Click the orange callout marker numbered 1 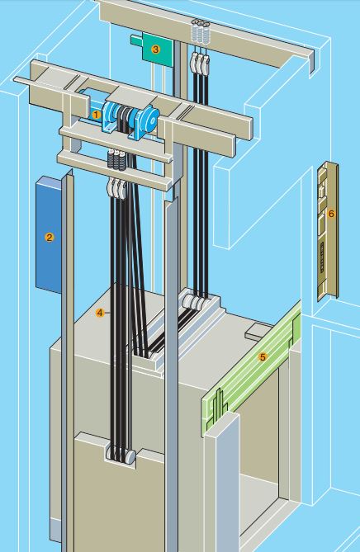point(96,115)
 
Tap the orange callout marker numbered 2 point(50,238)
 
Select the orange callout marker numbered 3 point(155,50)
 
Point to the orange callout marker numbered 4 point(100,313)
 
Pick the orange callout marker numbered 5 point(263,357)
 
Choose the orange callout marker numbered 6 point(331,214)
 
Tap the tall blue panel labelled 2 point(49,234)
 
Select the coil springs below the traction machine point(116,160)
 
